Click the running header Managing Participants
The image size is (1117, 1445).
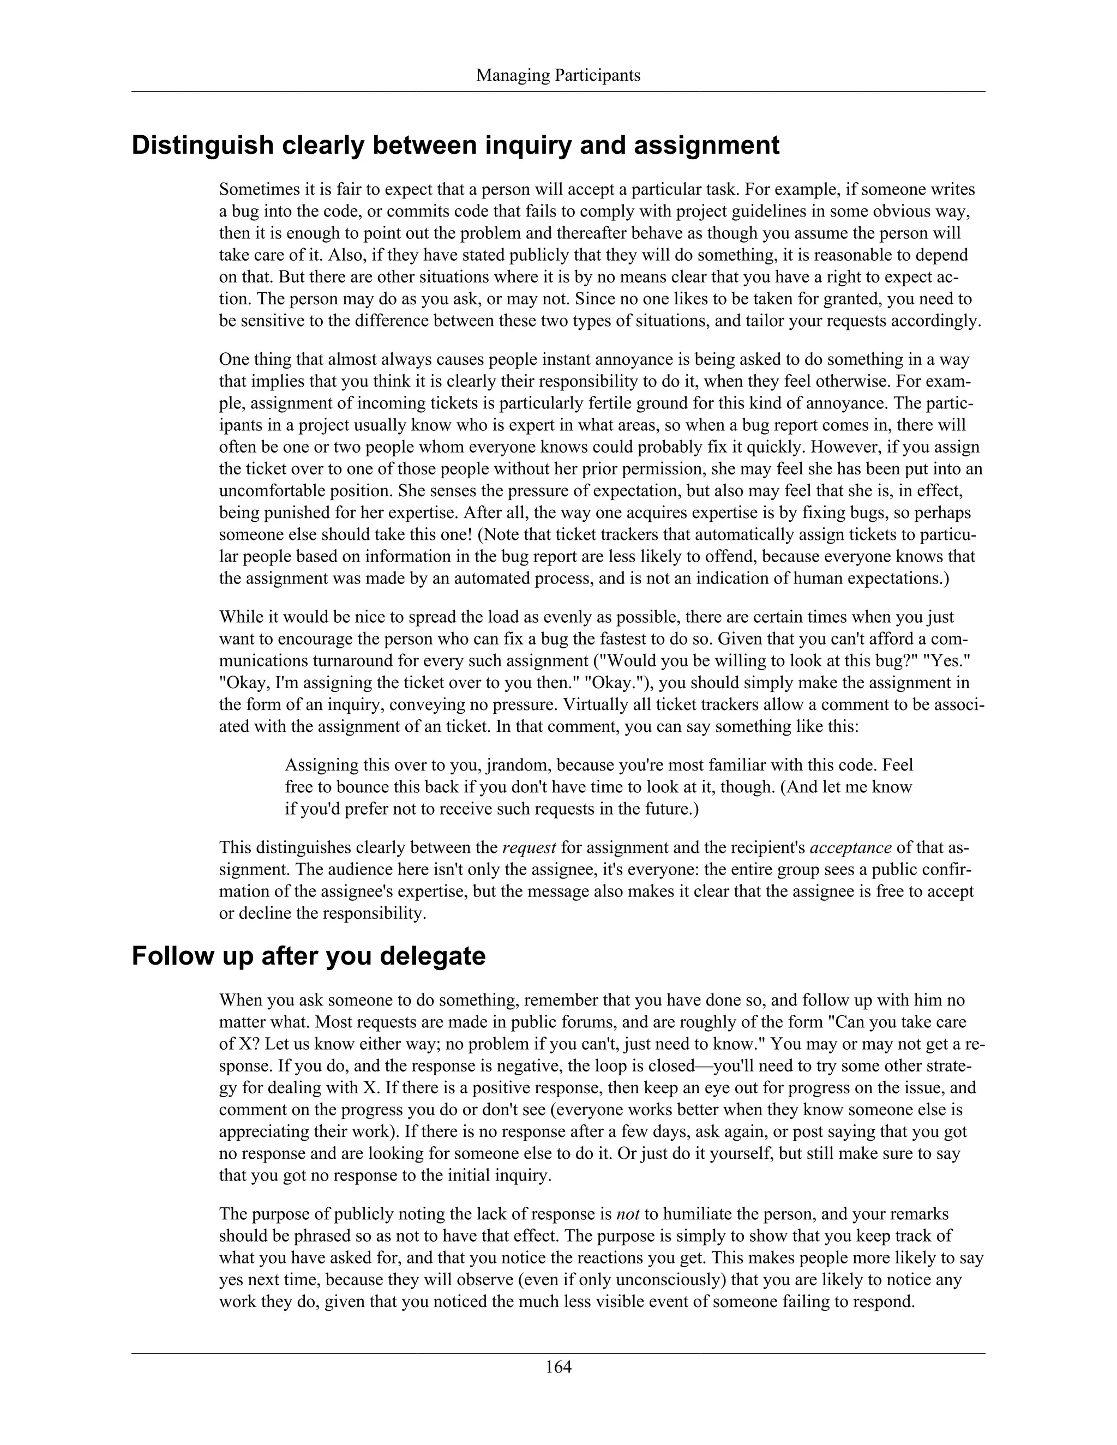pyautogui.click(x=558, y=75)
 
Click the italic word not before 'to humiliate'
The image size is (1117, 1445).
pyautogui.click(x=627, y=1214)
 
